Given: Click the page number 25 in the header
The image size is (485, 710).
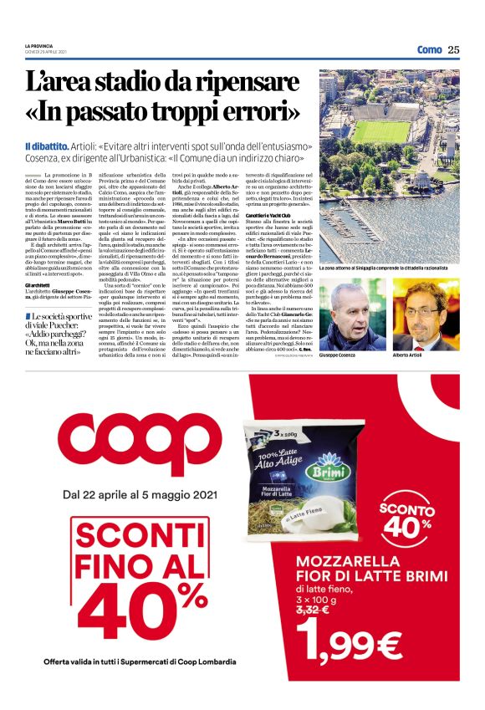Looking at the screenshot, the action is tap(454, 49).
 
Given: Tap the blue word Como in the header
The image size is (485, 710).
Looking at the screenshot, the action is tap(429, 49).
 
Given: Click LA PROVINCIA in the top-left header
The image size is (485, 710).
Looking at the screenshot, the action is tap(39, 46).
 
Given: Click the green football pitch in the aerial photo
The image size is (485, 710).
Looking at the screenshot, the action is tap(381, 130).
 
